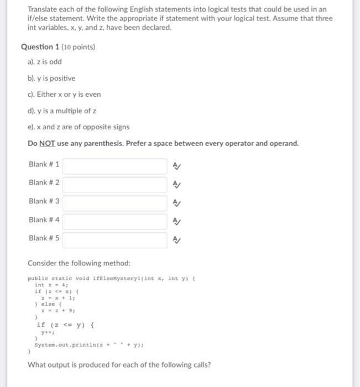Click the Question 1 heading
point(58,47)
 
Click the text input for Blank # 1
point(114,165)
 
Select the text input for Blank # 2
point(114,184)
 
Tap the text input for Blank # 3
point(114,202)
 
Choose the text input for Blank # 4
point(114,221)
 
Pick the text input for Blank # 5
point(114,239)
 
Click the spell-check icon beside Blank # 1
point(176,165)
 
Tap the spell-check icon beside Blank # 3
point(176,202)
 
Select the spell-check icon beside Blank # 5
point(176,239)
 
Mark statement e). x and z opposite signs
point(79,127)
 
